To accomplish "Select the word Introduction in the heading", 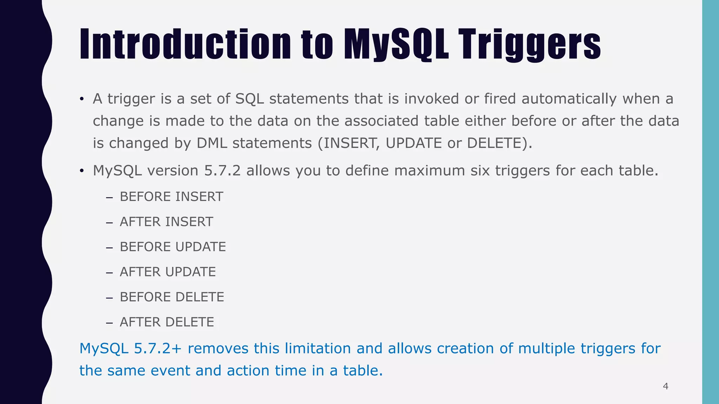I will click(185, 45).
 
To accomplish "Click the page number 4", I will click(665, 386).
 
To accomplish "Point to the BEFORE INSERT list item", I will click(171, 197).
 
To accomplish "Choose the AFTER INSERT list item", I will click(166, 222).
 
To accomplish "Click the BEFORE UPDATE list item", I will click(173, 247).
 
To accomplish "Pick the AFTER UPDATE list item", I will click(168, 272).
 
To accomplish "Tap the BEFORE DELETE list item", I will click(172, 297).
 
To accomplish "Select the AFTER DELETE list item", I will click(167, 322).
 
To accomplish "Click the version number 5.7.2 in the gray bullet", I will click(222, 171).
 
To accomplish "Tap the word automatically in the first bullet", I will click(569, 99).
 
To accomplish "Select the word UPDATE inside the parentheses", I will click(414, 143).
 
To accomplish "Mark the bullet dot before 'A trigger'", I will click(81, 99).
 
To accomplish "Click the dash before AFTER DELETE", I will click(109, 323).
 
